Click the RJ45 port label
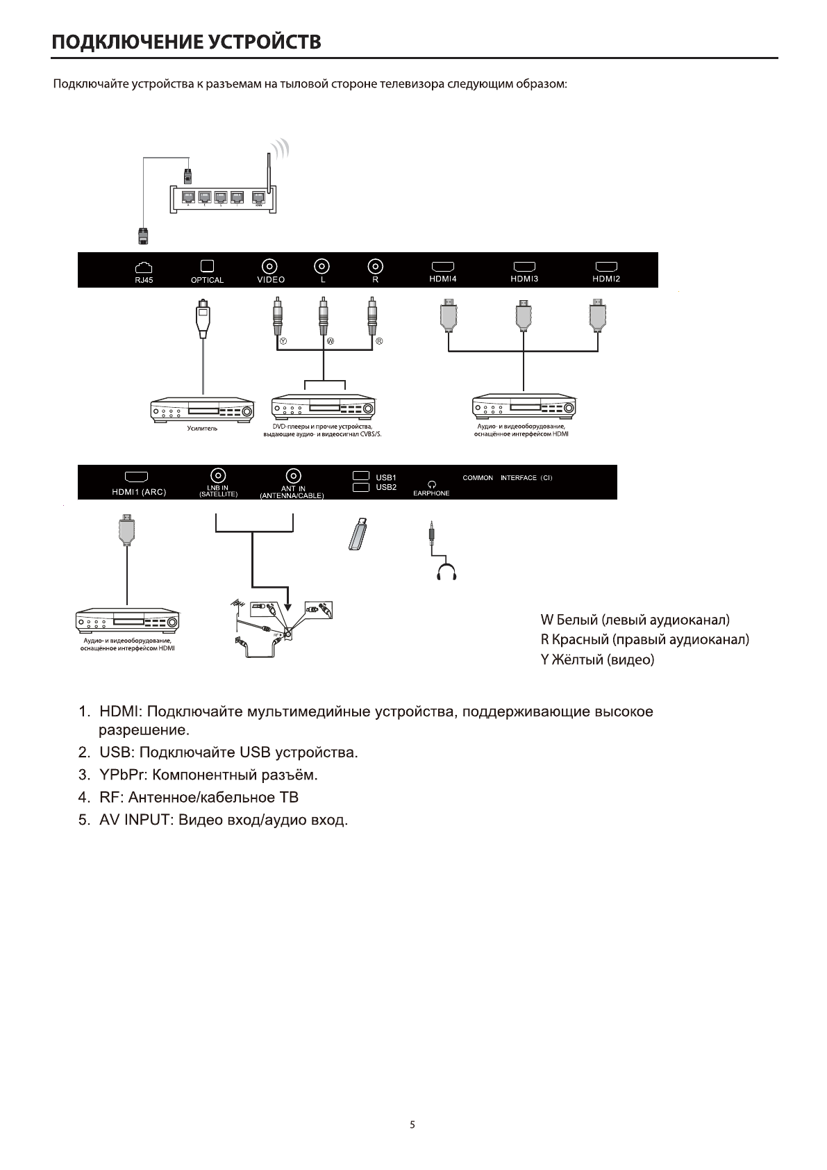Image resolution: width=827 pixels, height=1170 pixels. [x=144, y=280]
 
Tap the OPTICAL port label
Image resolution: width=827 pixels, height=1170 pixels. [x=207, y=280]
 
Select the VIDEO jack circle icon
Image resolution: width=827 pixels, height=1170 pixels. [x=270, y=265]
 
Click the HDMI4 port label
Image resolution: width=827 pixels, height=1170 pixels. [x=443, y=279]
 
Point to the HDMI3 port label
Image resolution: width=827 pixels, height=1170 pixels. [x=524, y=279]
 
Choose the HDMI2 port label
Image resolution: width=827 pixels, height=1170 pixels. [x=606, y=279]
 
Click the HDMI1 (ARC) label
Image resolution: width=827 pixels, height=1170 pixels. [x=139, y=493]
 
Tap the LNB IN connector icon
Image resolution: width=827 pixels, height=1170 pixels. [x=218, y=476]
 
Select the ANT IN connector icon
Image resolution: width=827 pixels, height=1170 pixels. [x=294, y=476]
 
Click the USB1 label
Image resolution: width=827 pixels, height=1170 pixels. [x=386, y=477]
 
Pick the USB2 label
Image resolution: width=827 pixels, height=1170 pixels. [x=386, y=487]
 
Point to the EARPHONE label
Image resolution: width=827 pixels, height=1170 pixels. [x=431, y=493]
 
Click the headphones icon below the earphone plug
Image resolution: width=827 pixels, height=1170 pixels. [x=445, y=572]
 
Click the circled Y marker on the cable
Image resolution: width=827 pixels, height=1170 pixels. [x=283, y=342]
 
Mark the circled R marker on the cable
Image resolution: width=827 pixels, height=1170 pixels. [x=379, y=342]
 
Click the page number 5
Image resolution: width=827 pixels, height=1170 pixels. [x=412, y=1124]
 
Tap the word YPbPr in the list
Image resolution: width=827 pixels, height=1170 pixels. [x=122, y=774]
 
